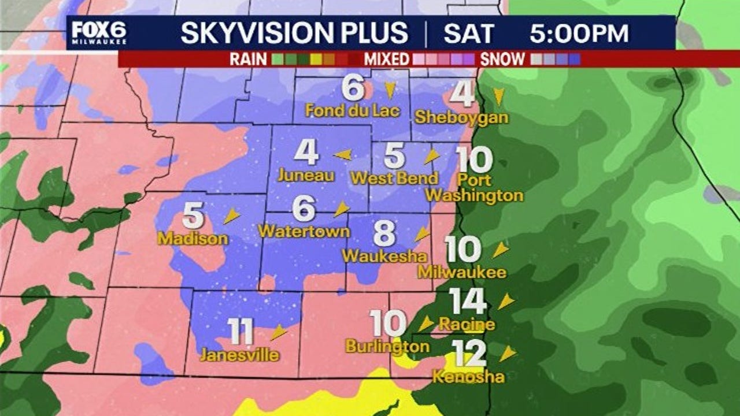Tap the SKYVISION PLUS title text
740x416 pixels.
click(x=294, y=34)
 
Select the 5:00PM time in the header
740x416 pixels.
click(x=579, y=34)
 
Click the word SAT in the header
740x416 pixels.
click(x=469, y=34)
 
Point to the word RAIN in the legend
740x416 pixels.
click(x=248, y=59)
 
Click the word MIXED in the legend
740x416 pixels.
click(x=387, y=59)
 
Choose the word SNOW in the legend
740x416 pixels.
click(x=502, y=59)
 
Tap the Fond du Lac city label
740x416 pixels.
click(x=353, y=110)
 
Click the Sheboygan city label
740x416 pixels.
click(x=461, y=117)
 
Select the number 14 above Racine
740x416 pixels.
click(x=468, y=301)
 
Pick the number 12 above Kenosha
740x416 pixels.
click(x=469, y=354)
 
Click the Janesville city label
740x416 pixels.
click(x=239, y=354)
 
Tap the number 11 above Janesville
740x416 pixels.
click(x=240, y=332)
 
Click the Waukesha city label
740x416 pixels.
click(x=384, y=256)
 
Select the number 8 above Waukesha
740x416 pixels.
click(x=384, y=234)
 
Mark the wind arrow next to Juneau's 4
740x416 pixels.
click(x=343, y=154)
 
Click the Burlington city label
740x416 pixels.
click(x=387, y=346)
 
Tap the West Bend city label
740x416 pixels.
click(x=394, y=178)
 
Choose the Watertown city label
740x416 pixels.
click(x=304, y=231)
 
